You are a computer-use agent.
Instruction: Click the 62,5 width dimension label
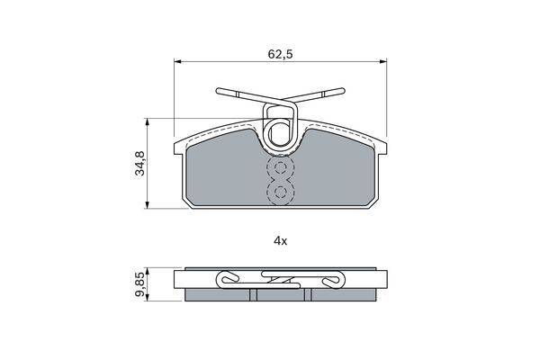280,54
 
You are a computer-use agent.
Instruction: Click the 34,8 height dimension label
140,163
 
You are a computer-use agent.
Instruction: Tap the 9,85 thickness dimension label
140,284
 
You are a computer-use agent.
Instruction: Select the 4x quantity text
280,241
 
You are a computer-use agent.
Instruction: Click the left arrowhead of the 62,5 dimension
177,62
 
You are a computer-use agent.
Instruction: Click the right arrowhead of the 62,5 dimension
383,62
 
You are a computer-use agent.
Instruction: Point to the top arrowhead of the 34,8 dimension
148,122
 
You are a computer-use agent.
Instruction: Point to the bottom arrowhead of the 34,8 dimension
148,205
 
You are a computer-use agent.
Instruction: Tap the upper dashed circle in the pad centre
281,167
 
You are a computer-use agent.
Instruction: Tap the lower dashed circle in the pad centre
281,192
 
